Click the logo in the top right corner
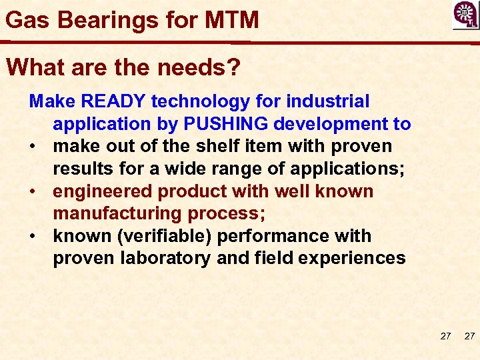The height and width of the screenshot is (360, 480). click(x=465, y=15)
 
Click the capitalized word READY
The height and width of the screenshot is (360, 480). click(x=115, y=101)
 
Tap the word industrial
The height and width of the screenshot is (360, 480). click(x=327, y=101)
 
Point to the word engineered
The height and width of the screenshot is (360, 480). click(x=103, y=191)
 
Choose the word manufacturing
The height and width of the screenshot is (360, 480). click(x=118, y=213)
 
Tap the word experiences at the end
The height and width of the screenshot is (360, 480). click(x=354, y=258)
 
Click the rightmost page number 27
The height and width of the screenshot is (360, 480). click(x=469, y=336)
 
